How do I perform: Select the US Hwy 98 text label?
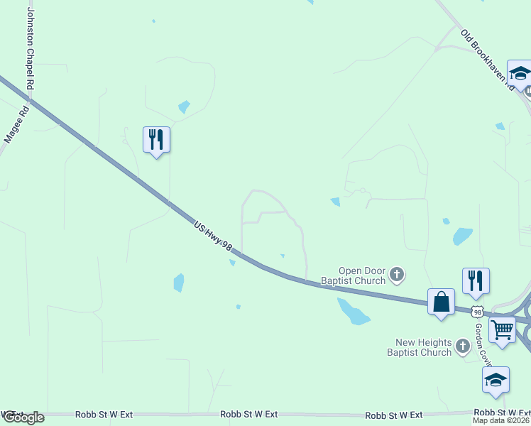[213, 235]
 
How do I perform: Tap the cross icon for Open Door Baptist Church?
[398, 273]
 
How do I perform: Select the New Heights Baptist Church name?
[420, 347]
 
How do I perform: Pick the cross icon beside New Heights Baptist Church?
[463, 346]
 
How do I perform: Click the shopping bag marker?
[441, 302]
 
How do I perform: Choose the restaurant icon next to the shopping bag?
[476, 280]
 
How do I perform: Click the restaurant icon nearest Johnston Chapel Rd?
[156, 139]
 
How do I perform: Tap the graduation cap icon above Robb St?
[495, 380]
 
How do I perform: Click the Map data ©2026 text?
[501, 420]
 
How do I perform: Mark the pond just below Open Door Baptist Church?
[352, 311]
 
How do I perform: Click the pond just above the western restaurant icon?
[184, 107]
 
